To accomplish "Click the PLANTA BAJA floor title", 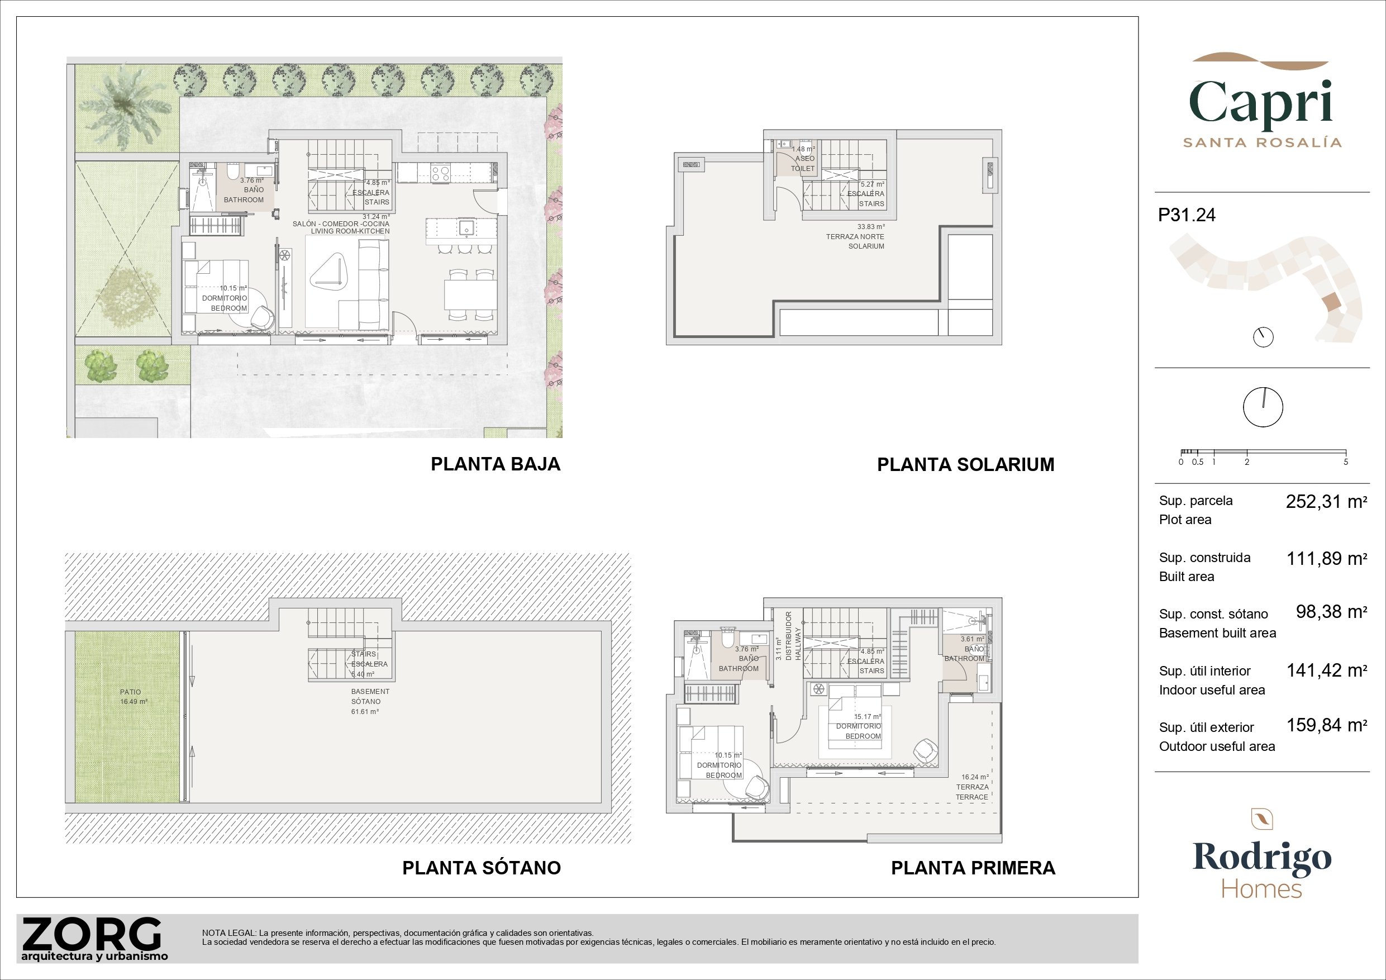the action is point(496,464).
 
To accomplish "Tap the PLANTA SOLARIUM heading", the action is point(966,465).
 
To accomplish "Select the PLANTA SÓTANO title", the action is point(482,868).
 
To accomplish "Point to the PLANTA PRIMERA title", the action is point(973,868).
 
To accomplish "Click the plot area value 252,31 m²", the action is point(1326,502).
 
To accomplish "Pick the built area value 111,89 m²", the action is point(1326,559).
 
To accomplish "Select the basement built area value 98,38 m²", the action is point(1331,612).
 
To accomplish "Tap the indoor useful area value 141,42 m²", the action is point(1326,670).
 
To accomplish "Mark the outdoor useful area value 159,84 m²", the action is point(1326,725).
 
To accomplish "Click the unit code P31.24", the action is point(1187,216).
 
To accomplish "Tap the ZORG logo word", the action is point(92,934).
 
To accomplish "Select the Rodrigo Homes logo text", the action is point(1261,869).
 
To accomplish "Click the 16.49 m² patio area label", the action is point(134,702).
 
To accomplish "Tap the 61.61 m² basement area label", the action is point(365,712).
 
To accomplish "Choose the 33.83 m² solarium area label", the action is point(871,227).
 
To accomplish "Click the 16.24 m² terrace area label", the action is point(975,777).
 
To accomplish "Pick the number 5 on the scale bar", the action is point(1346,462).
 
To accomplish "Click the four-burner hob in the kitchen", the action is point(441,174).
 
